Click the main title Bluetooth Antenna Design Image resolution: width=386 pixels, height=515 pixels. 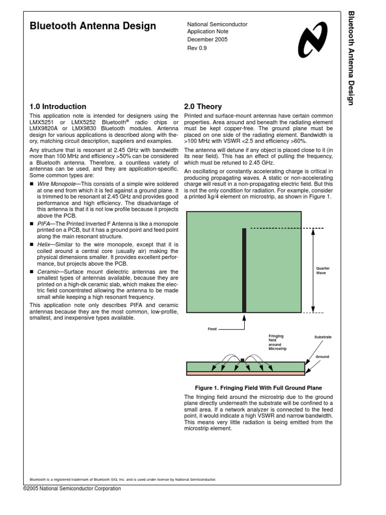coord(93,26)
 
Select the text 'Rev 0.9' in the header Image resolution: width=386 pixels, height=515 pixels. coord(197,48)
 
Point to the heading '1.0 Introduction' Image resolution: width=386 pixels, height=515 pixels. coord(58,107)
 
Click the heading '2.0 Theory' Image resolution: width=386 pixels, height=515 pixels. coord(204,107)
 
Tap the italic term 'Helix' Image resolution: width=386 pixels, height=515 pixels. coord(44,244)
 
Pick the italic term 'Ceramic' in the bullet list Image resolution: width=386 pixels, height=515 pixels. coord(47,272)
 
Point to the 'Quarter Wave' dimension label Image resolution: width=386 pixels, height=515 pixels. coord(323,271)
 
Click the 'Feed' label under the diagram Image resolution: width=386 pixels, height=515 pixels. coord(212,329)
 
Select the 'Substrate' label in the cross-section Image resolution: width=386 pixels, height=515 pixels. coord(323,336)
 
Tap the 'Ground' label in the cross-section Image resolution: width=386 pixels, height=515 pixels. coord(322,357)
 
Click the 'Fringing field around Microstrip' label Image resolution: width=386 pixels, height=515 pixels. coord(277,341)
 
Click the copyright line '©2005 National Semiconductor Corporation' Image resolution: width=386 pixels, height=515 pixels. coord(72,488)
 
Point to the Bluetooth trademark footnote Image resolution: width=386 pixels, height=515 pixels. coord(123,479)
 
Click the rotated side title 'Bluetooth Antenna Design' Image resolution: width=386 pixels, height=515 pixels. coord(351,57)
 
